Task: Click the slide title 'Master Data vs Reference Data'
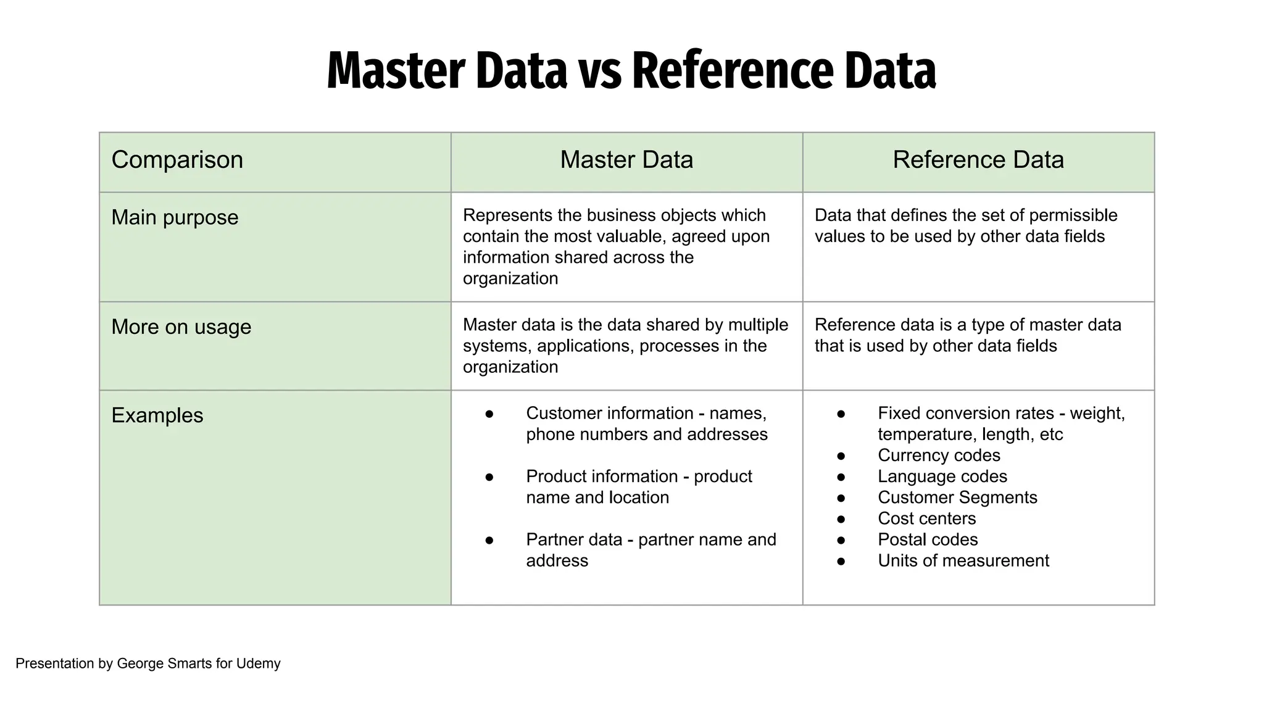pyautogui.click(x=631, y=71)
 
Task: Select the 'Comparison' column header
pyautogui.click(x=177, y=160)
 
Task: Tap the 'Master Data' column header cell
pyautogui.click(x=626, y=160)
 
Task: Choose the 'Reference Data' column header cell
pyautogui.click(x=978, y=160)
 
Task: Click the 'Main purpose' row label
pyautogui.click(x=175, y=217)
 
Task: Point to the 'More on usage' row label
pyautogui.click(x=181, y=326)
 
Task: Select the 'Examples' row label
pyautogui.click(x=157, y=415)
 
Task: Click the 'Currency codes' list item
pyautogui.click(x=939, y=455)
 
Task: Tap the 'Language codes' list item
pyautogui.click(x=942, y=476)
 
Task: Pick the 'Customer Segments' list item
pyautogui.click(x=957, y=497)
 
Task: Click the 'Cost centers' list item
pyautogui.click(x=926, y=518)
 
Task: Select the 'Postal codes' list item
pyautogui.click(x=928, y=539)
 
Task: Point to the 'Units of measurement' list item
pyautogui.click(x=963, y=560)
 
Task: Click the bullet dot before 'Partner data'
pyautogui.click(x=489, y=540)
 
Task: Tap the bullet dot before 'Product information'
pyautogui.click(x=489, y=476)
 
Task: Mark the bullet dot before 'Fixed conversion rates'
pyautogui.click(x=841, y=414)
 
